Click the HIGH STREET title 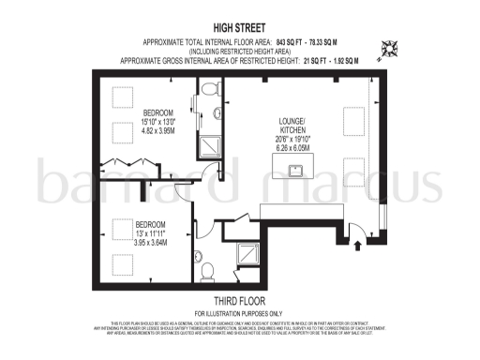click(x=241, y=30)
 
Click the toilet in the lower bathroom click(x=207, y=270)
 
